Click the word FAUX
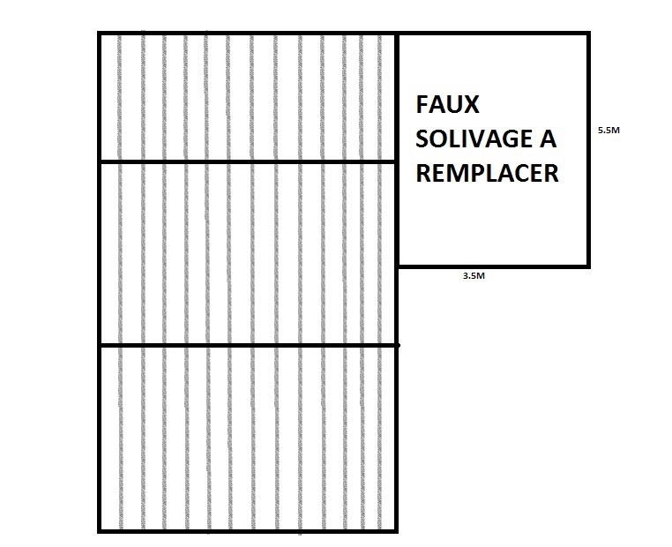pos(448,105)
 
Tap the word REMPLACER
pos(487,173)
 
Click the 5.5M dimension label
pos(609,131)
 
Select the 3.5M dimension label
pos(474,276)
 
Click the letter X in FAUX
pos(471,105)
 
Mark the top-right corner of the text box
pos(587,34)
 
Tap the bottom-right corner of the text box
pos(587,265)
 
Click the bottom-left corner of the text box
pos(398,265)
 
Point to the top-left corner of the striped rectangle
pos(99,34)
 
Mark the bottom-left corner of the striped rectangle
pos(99,531)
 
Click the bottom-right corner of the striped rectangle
pos(397,531)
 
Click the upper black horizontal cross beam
pos(247,161)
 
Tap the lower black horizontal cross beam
pos(247,345)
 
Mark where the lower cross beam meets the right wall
pos(397,345)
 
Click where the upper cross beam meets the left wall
pos(99,161)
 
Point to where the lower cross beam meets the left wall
pos(99,345)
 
